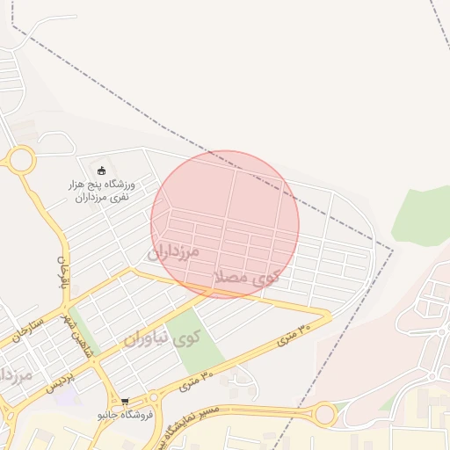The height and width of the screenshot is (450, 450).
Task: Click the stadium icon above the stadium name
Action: pyautogui.click(x=102, y=170)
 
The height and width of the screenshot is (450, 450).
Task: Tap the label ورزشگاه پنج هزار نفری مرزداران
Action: pyautogui.click(x=103, y=192)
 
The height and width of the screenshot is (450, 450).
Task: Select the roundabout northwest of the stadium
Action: pyautogui.click(x=20, y=160)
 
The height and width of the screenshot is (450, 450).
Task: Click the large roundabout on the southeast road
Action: pyautogui.click(x=324, y=413)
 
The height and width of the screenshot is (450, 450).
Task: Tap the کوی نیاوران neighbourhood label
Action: pyautogui.click(x=162, y=337)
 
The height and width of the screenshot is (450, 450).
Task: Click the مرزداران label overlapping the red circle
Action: pyautogui.click(x=174, y=252)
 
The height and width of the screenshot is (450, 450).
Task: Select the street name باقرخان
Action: pyautogui.click(x=62, y=275)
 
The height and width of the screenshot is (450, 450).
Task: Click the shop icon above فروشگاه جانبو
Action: pyautogui.click(x=125, y=402)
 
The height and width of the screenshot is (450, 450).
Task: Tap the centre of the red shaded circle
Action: pyautogui.click(x=225, y=224)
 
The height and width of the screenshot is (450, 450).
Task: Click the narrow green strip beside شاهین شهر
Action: pyautogui.click(x=83, y=329)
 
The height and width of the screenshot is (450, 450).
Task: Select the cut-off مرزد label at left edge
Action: pyautogui.click(x=16, y=375)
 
